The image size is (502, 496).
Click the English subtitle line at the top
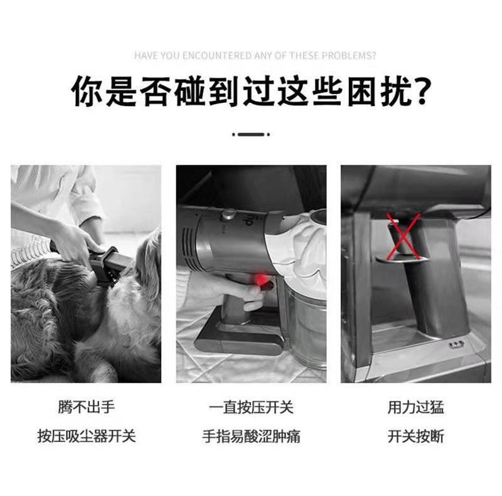255,56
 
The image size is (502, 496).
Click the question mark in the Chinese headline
420,92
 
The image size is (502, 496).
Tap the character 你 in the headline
86,92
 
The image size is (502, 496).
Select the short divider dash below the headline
251,134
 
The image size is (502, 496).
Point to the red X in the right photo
403,236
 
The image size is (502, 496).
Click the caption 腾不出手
87,407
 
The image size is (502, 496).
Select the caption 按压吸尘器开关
87,436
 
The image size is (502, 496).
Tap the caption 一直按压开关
251,407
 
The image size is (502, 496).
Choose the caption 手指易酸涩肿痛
251,436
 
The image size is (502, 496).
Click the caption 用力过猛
415,407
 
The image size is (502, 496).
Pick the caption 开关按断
415,436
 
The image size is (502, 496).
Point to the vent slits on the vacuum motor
190,247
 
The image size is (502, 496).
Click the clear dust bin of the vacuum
306,323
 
